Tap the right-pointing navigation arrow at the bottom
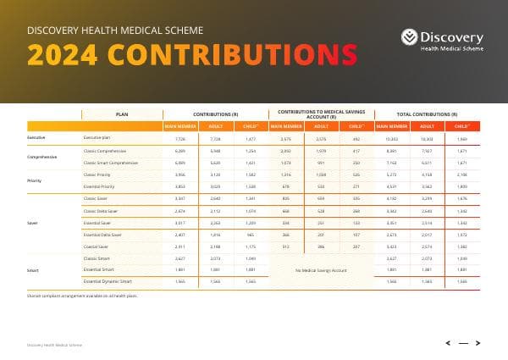(x=478, y=343)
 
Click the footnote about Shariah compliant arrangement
(x=83, y=296)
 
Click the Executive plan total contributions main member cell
(x=392, y=137)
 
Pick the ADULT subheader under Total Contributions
(x=427, y=125)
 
